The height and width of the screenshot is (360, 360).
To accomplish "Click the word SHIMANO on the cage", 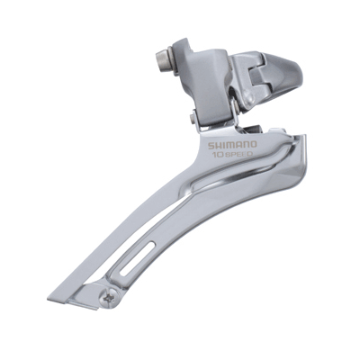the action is tap(233, 146).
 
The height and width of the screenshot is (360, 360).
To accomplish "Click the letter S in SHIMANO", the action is tap(211, 146).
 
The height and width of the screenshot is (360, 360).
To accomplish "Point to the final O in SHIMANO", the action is tap(254, 145).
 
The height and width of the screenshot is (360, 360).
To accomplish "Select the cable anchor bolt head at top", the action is tap(162, 61).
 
